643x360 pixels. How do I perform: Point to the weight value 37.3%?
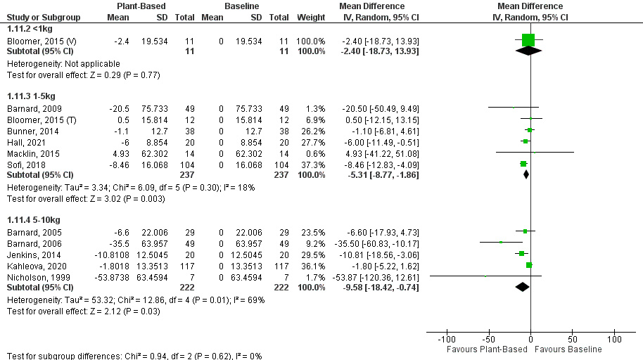coord(313,163)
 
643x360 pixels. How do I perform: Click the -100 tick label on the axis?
coord(446,340)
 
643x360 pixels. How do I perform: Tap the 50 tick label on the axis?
coord(573,340)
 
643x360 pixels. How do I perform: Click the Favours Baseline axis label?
coord(568,349)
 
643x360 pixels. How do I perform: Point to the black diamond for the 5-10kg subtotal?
coord(522,287)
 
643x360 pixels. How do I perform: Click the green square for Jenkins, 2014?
coord(521,253)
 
